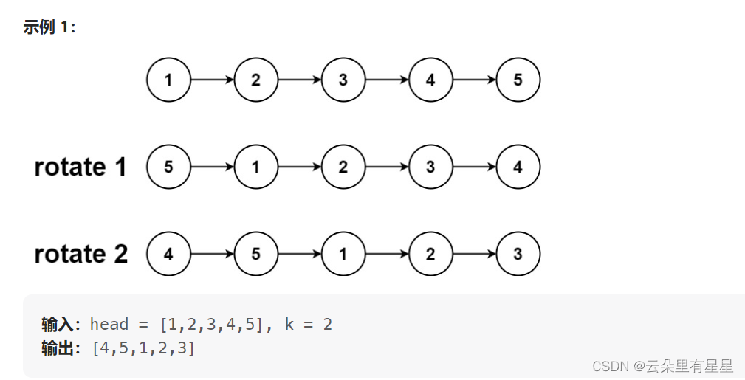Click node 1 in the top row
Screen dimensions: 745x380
click(168, 80)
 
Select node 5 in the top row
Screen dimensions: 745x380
click(518, 80)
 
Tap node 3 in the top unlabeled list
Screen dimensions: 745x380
click(343, 80)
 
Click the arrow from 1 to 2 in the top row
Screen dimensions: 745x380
click(212, 80)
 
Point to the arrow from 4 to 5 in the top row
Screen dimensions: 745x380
click(474, 80)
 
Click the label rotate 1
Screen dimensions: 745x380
click(80, 167)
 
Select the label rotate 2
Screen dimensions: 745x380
click(80, 255)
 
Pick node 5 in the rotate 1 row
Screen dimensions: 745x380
click(168, 167)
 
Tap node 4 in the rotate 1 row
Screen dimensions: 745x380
click(518, 167)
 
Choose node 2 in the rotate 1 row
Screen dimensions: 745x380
click(343, 167)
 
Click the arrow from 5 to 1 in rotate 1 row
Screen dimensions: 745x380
click(212, 167)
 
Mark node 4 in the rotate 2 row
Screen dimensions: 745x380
click(168, 255)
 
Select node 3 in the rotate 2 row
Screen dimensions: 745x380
click(518, 255)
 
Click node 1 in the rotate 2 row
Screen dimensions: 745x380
click(343, 255)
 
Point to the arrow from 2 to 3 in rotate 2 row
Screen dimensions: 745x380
click(474, 255)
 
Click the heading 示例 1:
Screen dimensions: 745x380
click(49, 27)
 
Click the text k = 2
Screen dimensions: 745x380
click(308, 325)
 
